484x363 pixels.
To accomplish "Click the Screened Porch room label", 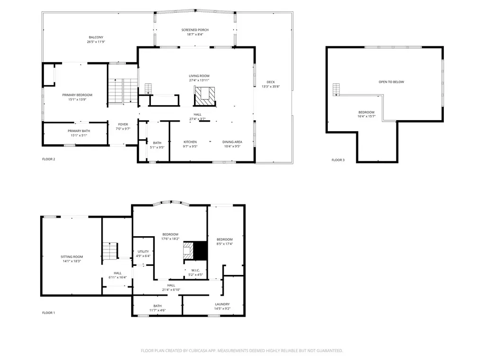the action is point(195,30).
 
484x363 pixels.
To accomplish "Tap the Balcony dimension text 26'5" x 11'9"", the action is point(96,42).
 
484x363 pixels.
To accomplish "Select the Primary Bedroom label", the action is point(77,95).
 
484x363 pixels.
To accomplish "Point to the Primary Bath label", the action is point(79,131).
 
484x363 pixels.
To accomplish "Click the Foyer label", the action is point(123,124).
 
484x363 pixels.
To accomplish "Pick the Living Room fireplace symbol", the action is point(204,96).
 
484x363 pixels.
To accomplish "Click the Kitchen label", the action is point(190,142).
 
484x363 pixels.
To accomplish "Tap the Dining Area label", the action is point(232,142).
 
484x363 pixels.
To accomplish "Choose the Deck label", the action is point(271,82).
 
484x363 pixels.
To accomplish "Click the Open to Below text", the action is point(391,82).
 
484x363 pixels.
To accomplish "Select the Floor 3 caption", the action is point(338,160).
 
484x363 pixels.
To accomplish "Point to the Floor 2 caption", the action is point(49,159).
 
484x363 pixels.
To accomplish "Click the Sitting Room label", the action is point(71,257).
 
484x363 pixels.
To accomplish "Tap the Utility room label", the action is point(143,252).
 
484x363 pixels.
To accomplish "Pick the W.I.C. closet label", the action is point(195,270).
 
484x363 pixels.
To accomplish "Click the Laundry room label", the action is point(222,304).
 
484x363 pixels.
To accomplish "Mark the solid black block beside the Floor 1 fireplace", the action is point(200,251).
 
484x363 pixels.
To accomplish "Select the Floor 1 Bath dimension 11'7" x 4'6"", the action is point(158,310).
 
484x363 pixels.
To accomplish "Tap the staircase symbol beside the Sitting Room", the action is point(110,251).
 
